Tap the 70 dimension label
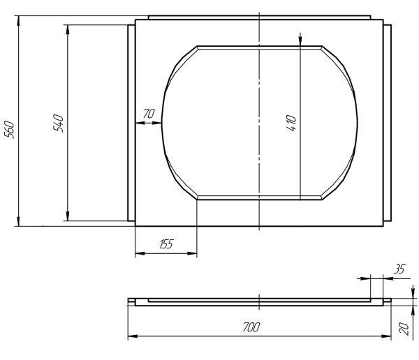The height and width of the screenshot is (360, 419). (148, 114)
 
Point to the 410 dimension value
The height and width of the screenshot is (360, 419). (292, 123)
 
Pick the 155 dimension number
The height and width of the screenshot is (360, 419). (166, 244)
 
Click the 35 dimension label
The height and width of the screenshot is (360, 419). (399, 268)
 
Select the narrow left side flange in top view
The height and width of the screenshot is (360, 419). (131, 123)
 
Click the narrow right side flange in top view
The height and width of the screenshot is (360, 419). (388, 123)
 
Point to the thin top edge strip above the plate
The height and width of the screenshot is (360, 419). (258, 17)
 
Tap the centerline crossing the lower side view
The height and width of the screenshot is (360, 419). (259, 301)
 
